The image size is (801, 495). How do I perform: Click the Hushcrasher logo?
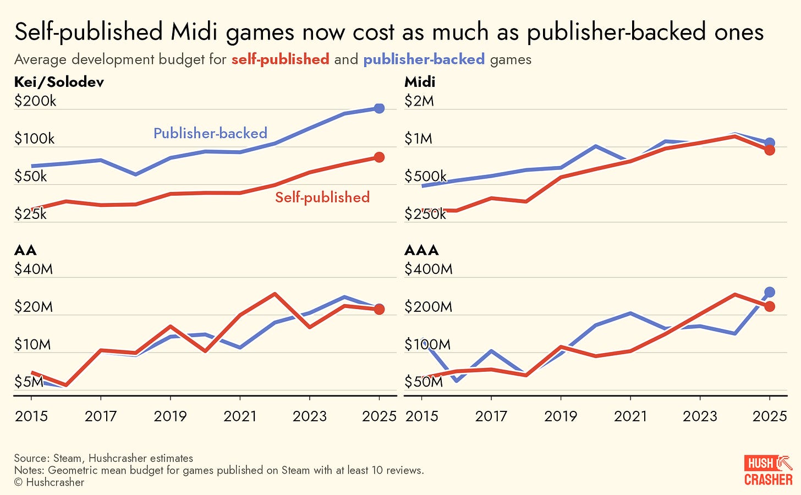coord(768,470)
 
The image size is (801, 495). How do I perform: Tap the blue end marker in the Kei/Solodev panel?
coord(379,108)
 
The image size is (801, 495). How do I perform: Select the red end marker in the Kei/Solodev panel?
coord(379,157)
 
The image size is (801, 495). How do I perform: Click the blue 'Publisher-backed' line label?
coord(210,133)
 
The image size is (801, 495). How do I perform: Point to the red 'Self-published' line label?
coord(322,197)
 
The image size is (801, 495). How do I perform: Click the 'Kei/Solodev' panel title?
coord(59,82)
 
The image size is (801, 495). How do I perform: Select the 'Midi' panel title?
coord(420,82)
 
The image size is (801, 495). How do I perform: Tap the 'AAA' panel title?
coord(421,250)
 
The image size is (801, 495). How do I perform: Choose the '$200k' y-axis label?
coord(35,101)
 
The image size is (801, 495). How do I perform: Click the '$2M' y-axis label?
coord(419,101)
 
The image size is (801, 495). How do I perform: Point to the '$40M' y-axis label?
coord(34,269)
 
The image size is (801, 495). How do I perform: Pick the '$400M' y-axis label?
coord(429,269)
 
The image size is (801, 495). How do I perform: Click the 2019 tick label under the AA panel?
coord(170,416)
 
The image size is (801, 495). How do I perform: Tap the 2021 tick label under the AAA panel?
coord(630,416)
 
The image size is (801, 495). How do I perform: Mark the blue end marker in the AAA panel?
coord(770,292)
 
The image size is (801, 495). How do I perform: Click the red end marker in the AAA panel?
coord(770,306)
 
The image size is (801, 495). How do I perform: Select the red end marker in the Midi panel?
coord(770,150)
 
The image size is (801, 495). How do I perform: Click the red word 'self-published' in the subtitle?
coord(280,59)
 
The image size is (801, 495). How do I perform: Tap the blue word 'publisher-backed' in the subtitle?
coord(424,59)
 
